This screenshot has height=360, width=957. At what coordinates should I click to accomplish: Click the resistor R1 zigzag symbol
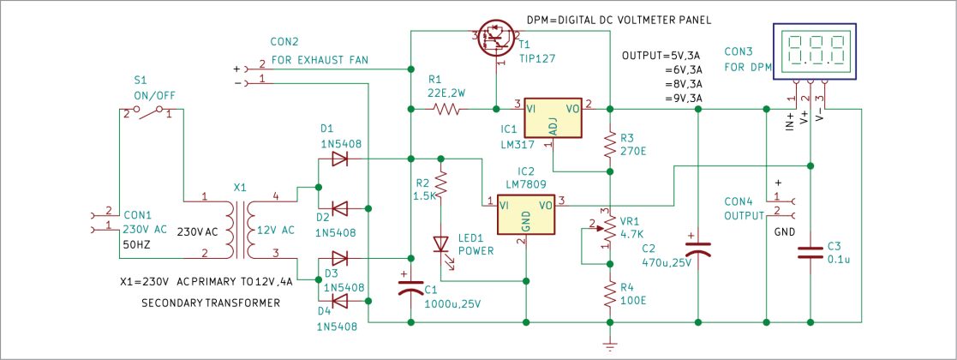click(x=447, y=109)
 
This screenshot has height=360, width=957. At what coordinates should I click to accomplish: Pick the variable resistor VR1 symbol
click(x=607, y=226)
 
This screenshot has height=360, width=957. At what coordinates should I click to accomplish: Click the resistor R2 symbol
click(x=441, y=184)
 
